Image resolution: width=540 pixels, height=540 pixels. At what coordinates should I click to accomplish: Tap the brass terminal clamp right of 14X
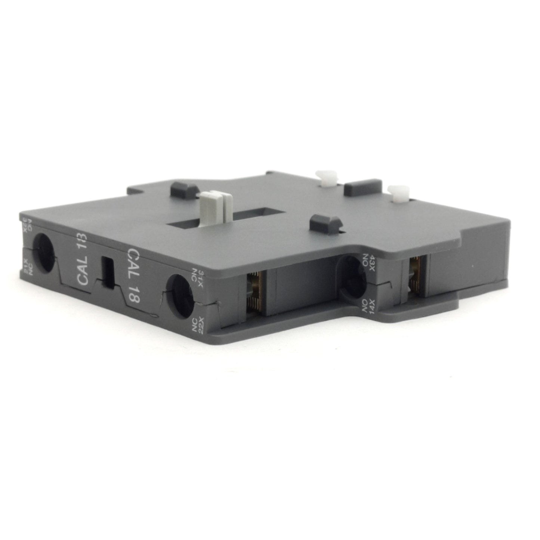pyautogui.click(x=413, y=275)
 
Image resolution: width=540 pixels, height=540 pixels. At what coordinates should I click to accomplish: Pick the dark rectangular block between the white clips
pyautogui.click(x=362, y=188)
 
